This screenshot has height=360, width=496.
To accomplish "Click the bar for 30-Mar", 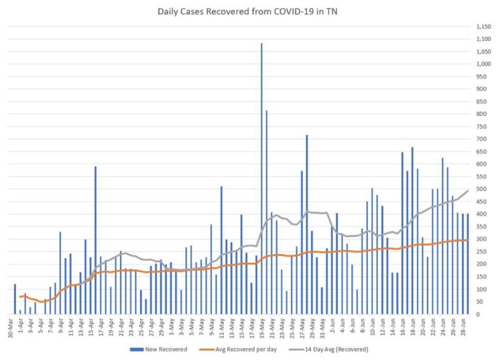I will tap(15, 299).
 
